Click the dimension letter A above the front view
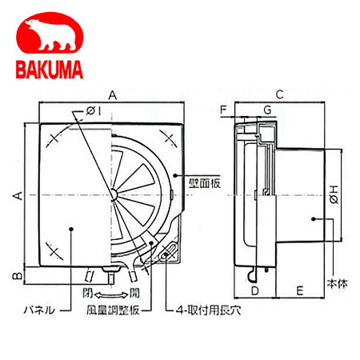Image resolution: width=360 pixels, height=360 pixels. pos(114,94)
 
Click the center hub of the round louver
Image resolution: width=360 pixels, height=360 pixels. pos(114,194)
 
